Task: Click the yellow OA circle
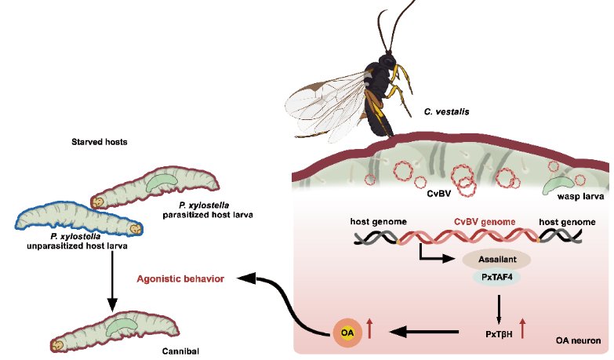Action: point(347,333)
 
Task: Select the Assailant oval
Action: point(497,260)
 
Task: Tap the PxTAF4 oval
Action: point(496,278)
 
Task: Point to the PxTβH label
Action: point(499,334)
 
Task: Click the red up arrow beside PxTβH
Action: point(522,329)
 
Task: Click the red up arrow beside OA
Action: point(369,329)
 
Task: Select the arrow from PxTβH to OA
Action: point(424,333)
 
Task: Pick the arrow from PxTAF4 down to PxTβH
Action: point(499,310)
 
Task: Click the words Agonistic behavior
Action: point(180,279)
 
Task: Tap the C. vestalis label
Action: point(446,111)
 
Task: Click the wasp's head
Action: point(387,61)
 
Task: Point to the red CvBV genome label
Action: point(485,222)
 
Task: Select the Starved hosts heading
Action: point(100,142)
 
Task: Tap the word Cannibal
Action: point(180,351)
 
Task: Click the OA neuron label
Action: point(578,340)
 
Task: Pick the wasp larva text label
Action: point(580,196)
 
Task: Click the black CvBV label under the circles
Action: point(438,193)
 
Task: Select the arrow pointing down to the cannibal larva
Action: point(112,282)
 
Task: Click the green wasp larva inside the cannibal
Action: point(122,326)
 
